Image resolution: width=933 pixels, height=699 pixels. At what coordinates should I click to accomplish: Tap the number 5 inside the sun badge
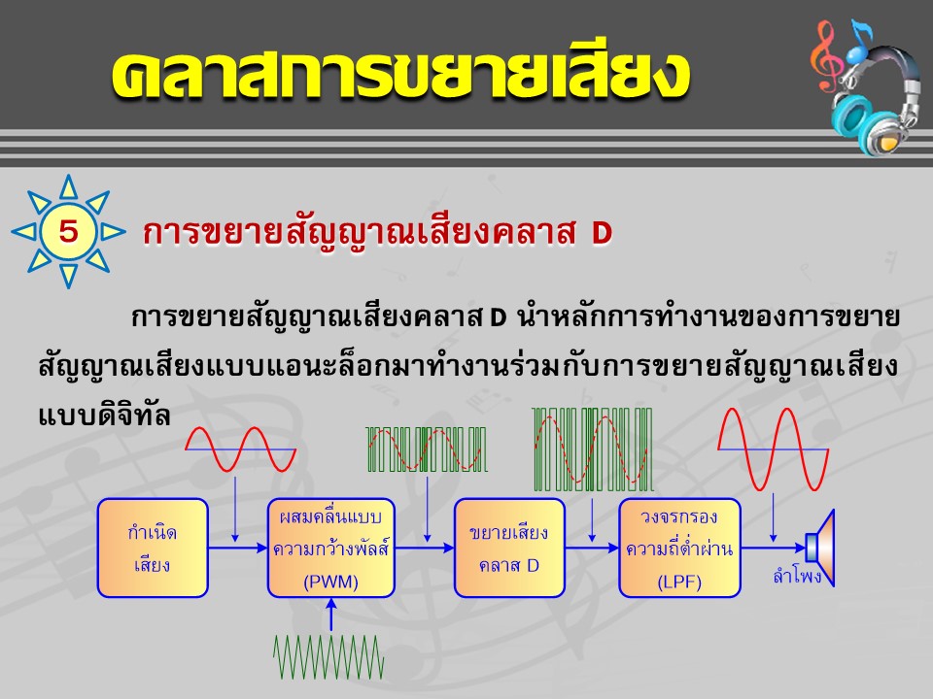tap(68, 231)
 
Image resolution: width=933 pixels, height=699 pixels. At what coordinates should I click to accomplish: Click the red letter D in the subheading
tap(602, 233)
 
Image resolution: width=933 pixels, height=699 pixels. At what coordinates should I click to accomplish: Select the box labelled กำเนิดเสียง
tap(153, 548)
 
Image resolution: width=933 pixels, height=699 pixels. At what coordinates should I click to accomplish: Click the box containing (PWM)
tap(330, 548)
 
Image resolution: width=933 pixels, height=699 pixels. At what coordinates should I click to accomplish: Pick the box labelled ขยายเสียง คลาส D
tap(509, 548)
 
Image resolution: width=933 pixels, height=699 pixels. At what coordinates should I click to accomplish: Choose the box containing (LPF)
tap(679, 548)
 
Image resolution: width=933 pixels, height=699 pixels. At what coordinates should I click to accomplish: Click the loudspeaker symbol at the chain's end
tap(820, 548)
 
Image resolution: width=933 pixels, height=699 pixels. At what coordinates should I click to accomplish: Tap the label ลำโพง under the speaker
tap(797, 576)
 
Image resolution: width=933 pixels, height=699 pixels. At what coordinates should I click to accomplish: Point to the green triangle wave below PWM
tap(328, 657)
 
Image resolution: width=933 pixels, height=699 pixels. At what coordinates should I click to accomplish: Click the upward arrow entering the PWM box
tap(331, 614)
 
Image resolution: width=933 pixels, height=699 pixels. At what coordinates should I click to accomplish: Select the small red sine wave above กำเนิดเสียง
tap(240, 449)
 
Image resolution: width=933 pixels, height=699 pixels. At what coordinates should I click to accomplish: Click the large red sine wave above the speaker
tap(773, 449)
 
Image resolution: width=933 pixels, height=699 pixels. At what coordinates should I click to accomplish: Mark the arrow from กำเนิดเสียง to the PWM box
tap(238, 548)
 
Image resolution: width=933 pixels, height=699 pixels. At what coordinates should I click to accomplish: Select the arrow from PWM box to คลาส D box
tap(425, 548)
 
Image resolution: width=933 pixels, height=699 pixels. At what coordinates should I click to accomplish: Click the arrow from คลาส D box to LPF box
tap(592, 548)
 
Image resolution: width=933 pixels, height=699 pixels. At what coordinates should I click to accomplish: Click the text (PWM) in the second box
tap(330, 581)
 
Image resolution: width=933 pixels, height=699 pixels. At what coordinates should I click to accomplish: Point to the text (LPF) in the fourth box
tap(679, 581)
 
